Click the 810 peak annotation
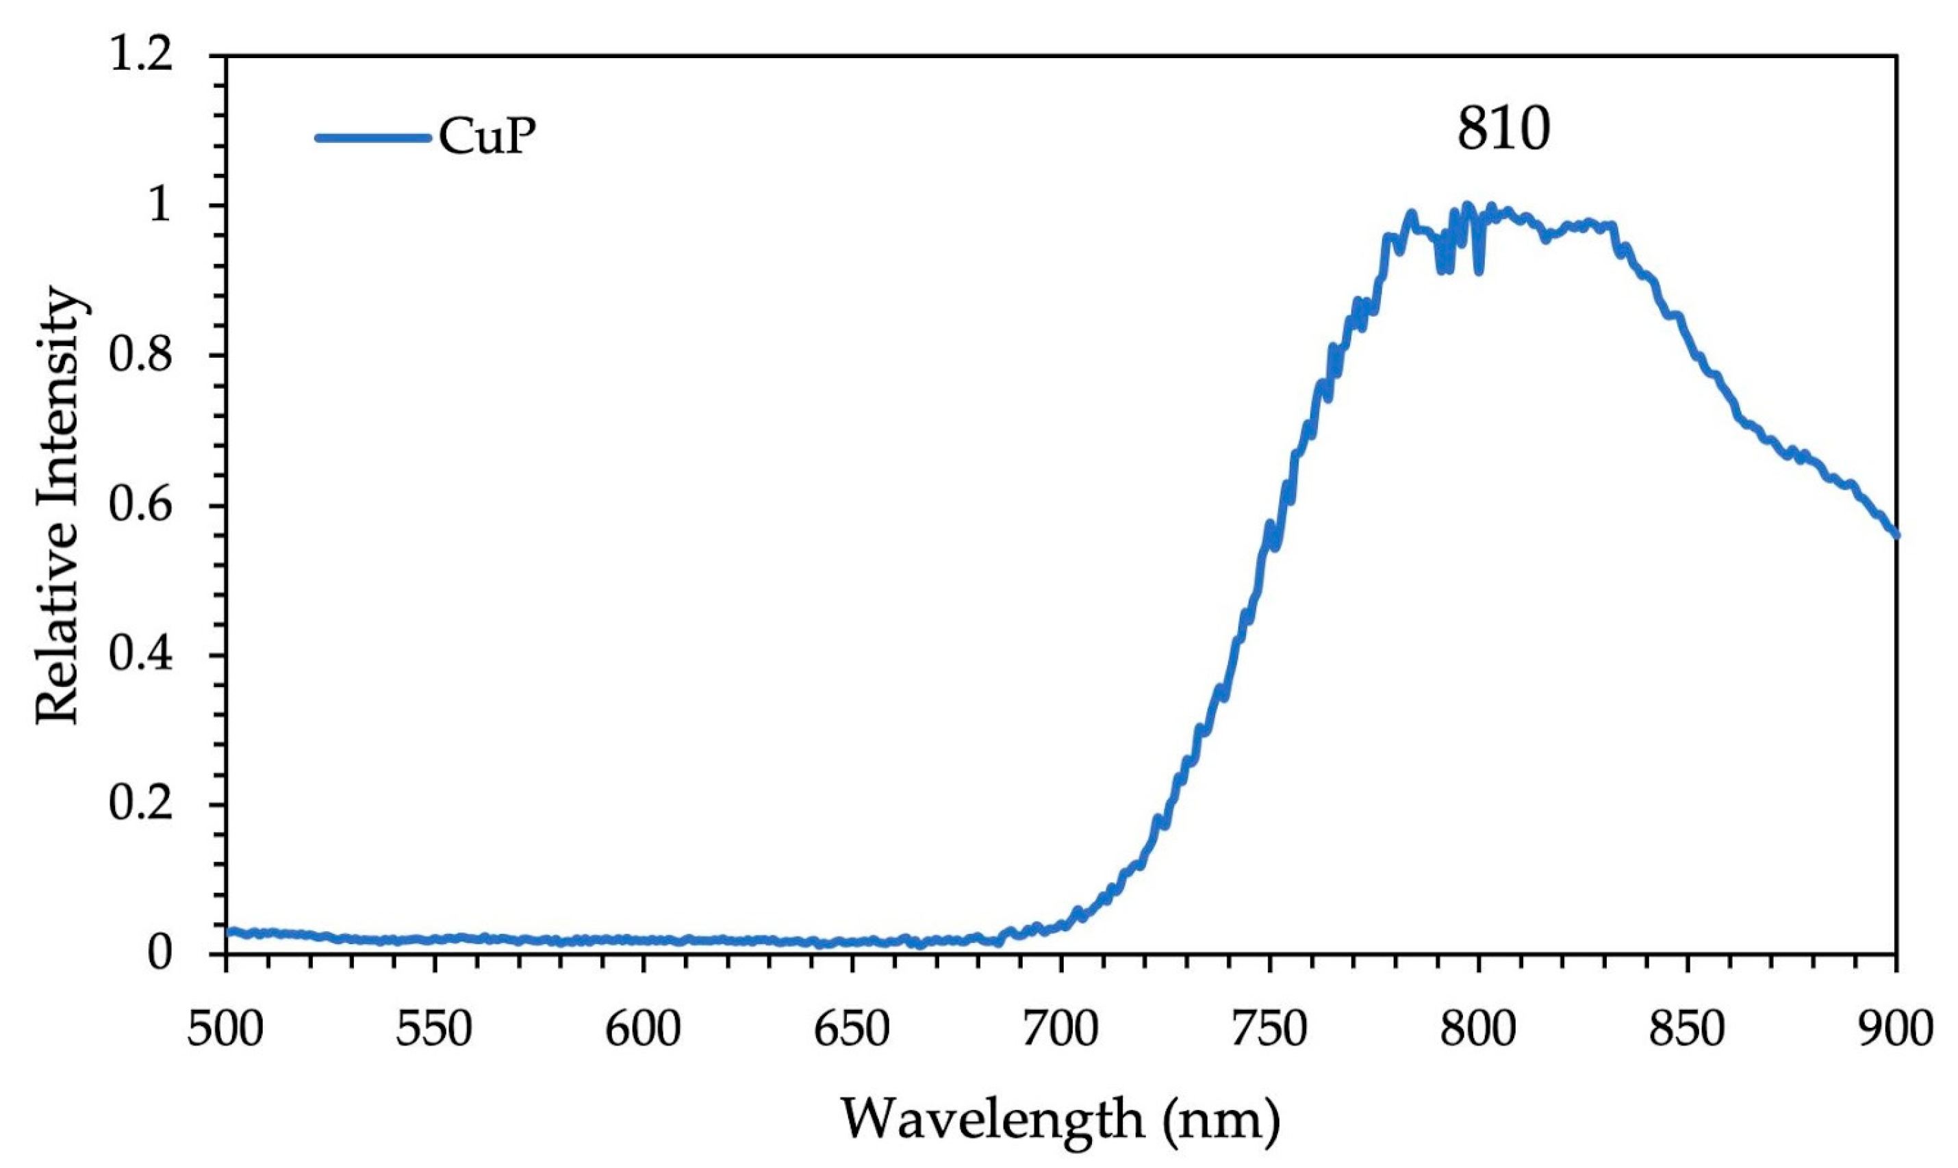(1503, 131)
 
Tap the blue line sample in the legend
(373, 138)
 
